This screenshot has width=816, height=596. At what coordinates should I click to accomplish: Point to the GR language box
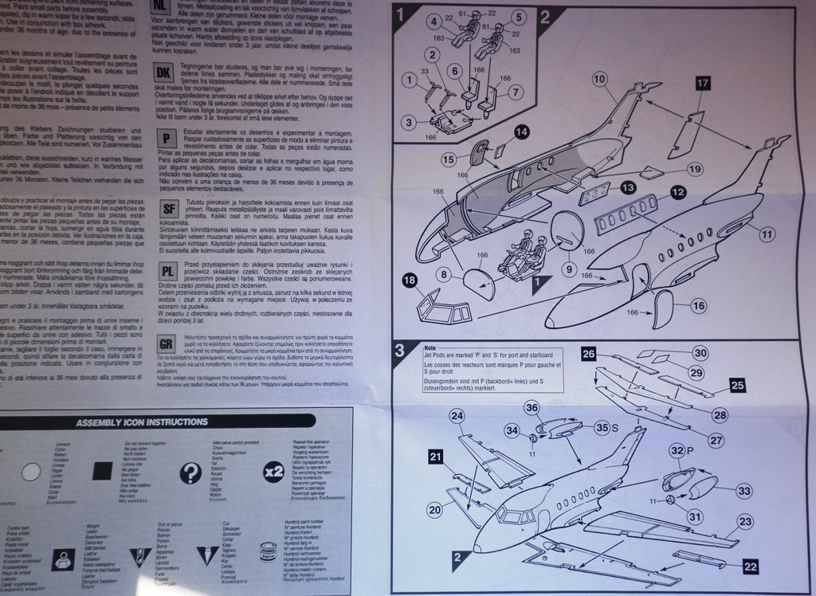[167, 343]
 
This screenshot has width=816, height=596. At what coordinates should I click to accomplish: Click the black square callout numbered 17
[702, 84]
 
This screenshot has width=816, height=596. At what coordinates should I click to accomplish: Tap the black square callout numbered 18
[410, 280]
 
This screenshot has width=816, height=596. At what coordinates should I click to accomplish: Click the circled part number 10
[599, 79]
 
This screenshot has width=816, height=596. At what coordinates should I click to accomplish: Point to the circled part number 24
[457, 415]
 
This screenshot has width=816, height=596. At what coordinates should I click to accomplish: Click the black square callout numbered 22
[750, 567]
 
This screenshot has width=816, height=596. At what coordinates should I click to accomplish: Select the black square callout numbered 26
[589, 354]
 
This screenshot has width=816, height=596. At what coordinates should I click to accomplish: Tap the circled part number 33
[744, 491]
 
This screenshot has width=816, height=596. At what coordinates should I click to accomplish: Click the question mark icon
[190, 473]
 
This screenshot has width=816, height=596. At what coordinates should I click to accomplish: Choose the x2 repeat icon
[273, 470]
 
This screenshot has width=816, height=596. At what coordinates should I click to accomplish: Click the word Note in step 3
[431, 349]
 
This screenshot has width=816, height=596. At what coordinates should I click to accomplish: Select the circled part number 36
[555, 406]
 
